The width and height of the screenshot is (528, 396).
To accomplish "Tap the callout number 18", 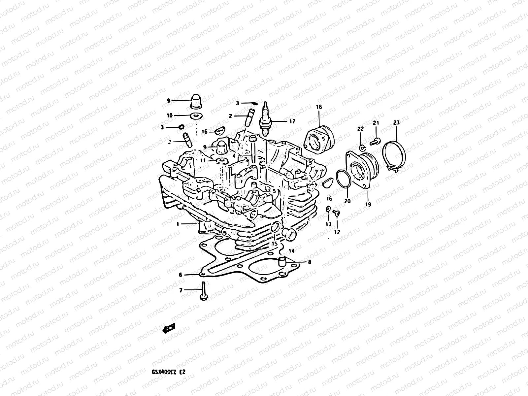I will pos(319,107).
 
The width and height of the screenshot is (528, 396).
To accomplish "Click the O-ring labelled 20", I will pos(344,180).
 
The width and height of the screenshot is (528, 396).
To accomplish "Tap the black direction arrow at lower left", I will pos(169,328).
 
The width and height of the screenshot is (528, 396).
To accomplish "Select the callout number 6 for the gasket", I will pos(181,275).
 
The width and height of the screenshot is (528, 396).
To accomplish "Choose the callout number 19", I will pos(368,205).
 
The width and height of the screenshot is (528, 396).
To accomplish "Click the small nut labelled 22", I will pos(362,146).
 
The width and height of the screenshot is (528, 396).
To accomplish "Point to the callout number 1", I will pos(178,224).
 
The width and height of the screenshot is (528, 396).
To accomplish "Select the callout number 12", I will pos(337,232).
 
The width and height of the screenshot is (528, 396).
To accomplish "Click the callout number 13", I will pos(328,224).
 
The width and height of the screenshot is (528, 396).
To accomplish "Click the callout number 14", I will pos(291,251).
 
